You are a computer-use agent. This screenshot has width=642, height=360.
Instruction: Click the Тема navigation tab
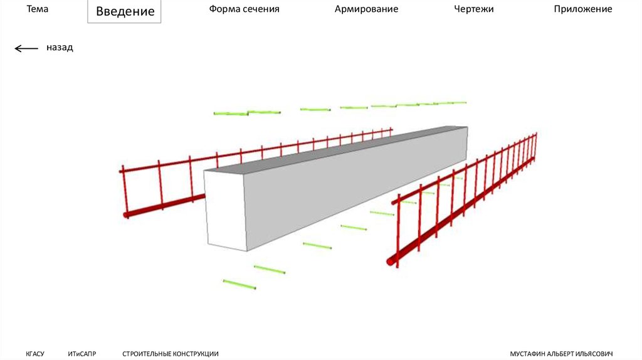pos(37,9)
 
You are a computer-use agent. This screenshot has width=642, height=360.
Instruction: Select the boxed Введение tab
pos(125,12)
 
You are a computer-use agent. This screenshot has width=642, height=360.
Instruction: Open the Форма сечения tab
pos(245,9)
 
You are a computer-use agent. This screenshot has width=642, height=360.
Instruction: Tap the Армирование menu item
pos(366,9)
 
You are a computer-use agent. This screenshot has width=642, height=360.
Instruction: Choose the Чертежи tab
pos(474,9)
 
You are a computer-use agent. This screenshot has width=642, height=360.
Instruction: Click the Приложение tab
pos(582,9)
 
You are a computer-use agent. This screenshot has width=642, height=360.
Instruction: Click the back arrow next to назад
pos(26,48)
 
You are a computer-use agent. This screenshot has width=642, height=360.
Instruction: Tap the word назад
pos(60,48)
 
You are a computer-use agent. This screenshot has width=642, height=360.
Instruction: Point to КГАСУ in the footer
pos(35,354)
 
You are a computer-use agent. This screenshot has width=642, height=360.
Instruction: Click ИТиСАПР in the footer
pos(82,354)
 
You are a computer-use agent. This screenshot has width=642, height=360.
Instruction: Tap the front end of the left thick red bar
pos(127,214)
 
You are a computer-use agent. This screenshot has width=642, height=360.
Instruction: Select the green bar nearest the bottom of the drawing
pos(239,284)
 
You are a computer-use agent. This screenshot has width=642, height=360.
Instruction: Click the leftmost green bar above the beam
pos(231,114)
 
